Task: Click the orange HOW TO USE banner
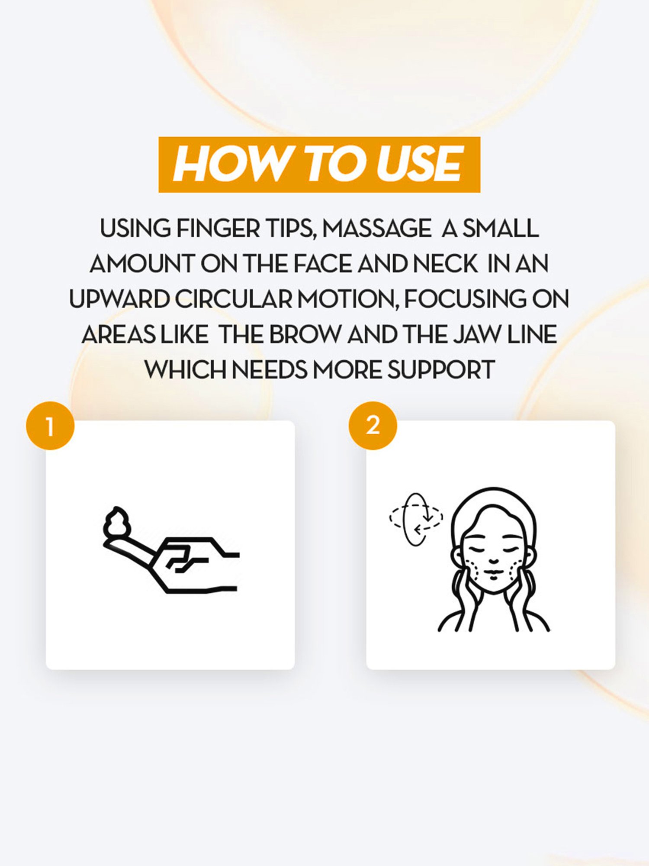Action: (x=319, y=165)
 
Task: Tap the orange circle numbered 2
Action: (x=373, y=426)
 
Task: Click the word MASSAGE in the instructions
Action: (x=377, y=228)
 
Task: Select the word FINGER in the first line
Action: (x=218, y=228)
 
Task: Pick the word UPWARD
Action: (x=119, y=299)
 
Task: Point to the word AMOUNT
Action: (x=142, y=264)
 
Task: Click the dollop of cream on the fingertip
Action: (x=116, y=521)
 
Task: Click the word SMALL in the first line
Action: (x=501, y=228)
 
